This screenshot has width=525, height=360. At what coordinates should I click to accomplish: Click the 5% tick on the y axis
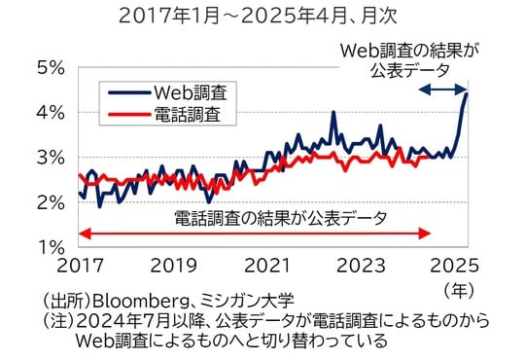(48, 68)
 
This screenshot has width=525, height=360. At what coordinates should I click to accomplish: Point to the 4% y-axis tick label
(48, 113)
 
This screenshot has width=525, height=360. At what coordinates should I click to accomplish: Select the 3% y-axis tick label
(48, 158)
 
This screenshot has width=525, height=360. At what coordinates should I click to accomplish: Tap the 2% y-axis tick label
(48, 202)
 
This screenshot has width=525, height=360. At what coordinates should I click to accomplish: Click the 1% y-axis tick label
(48, 247)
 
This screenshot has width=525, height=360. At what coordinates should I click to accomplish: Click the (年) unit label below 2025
(457, 289)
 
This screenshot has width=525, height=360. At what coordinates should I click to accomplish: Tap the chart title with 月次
(260, 17)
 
